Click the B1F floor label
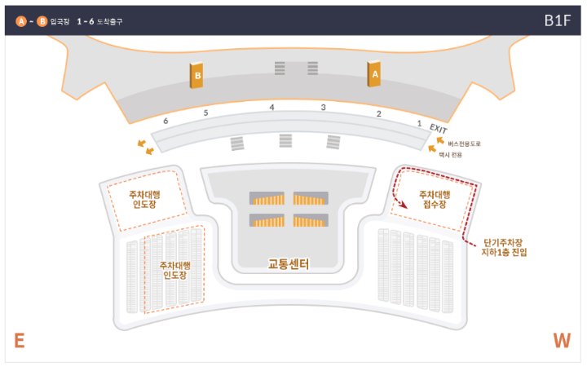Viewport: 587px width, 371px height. (558, 20)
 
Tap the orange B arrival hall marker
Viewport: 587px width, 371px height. (196, 77)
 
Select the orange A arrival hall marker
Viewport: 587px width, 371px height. (375, 74)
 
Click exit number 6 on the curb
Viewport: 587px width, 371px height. (166, 120)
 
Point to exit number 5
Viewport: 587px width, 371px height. (206, 113)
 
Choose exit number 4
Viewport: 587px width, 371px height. (272, 108)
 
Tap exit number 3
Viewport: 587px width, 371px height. (323, 108)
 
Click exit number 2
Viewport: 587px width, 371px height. (378, 113)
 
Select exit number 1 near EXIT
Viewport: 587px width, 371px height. (419, 123)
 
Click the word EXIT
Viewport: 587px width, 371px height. (439, 129)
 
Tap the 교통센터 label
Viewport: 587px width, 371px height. (289, 264)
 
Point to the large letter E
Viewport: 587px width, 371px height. (19, 341)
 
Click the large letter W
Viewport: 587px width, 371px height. (562, 341)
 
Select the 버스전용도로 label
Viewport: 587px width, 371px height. (465, 144)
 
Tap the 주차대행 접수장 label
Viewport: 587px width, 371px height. (434, 200)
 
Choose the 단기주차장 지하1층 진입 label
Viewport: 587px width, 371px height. (505, 247)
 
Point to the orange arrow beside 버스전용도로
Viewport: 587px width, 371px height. (440, 140)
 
